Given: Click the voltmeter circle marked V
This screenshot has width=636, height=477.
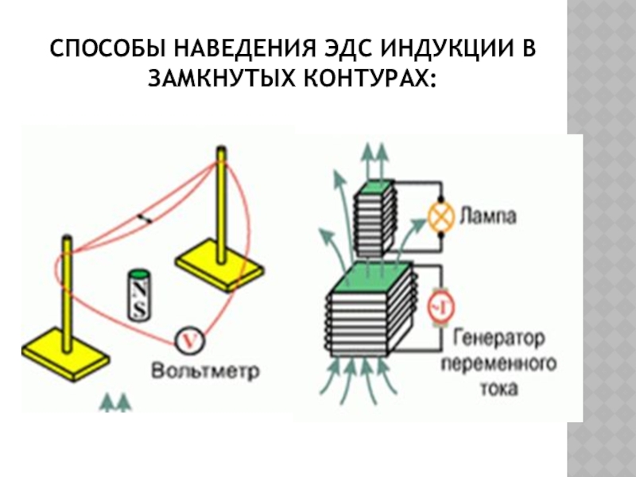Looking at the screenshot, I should pos(188,340).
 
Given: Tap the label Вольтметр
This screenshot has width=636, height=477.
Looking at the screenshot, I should pos(206,370).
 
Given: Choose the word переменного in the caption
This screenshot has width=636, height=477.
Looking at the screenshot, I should pos(498,364).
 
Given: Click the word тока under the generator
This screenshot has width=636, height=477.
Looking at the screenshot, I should pos(498,390).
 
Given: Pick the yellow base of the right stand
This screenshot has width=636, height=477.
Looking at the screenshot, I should pos(219,263).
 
